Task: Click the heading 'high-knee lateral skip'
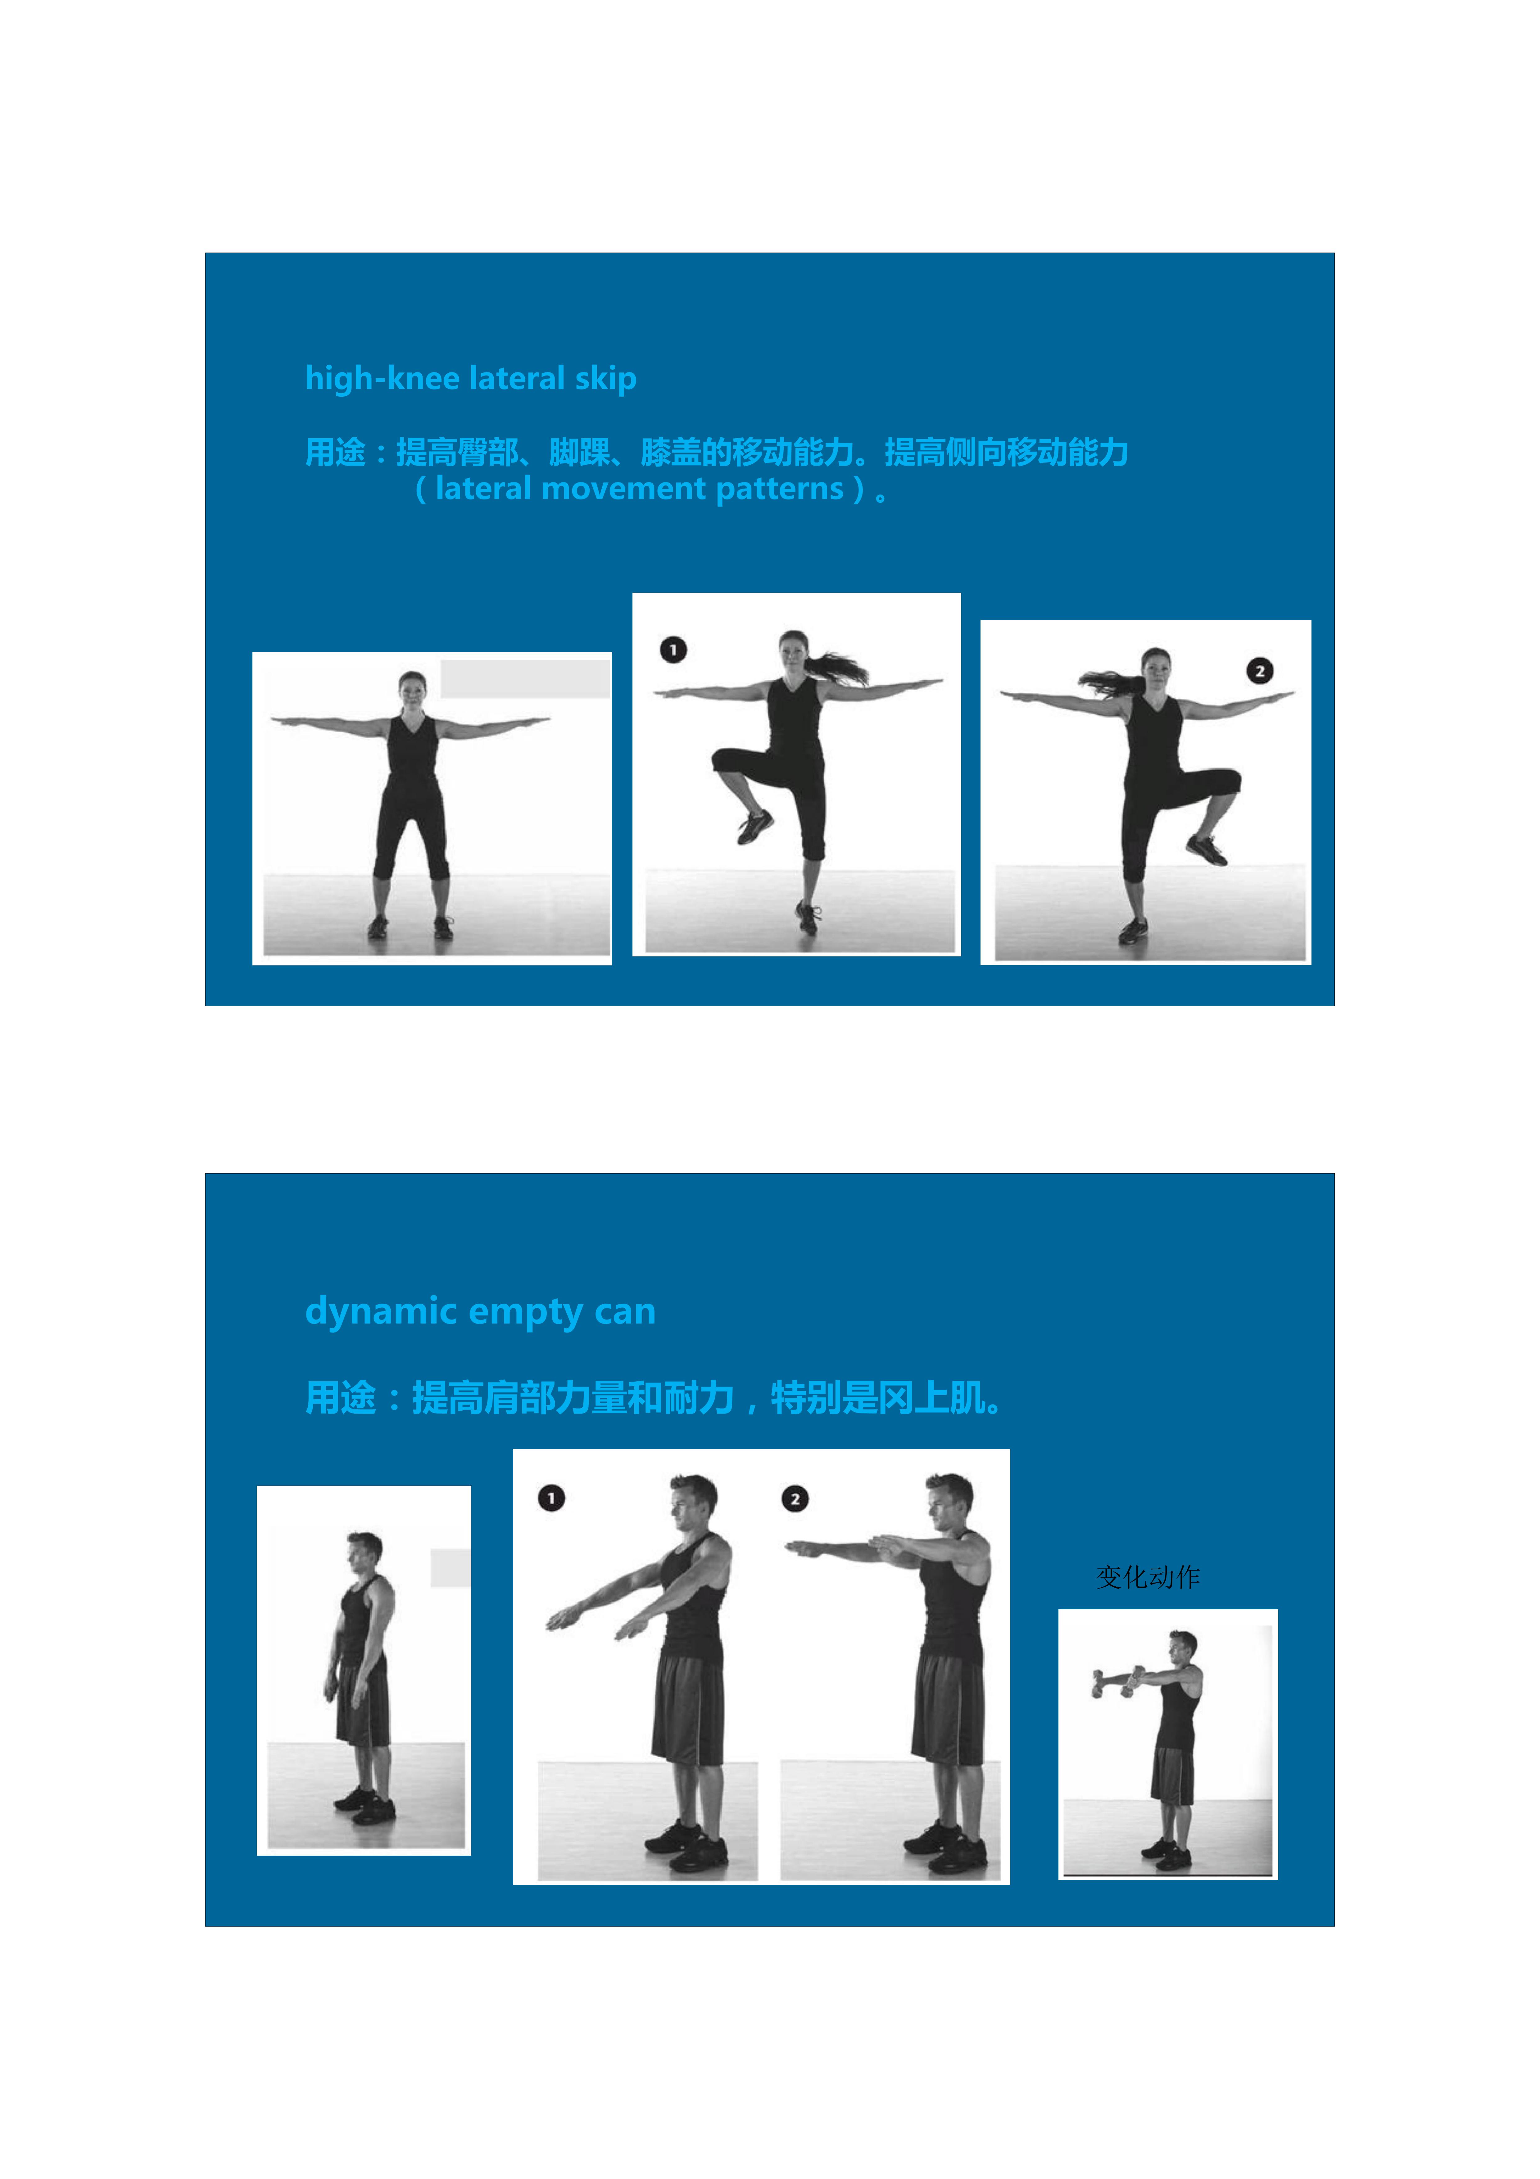click(471, 379)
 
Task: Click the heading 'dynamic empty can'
click(480, 1311)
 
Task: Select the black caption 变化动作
click(1148, 1577)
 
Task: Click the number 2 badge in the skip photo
click(1259, 671)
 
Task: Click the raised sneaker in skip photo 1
click(755, 826)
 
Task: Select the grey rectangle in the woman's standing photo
click(525, 680)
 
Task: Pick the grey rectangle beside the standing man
click(451, 1568)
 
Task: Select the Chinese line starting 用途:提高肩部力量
click(654, 1398)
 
